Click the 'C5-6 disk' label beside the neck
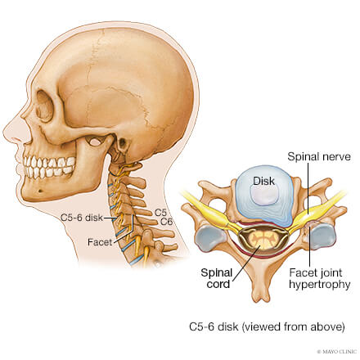point(82,218)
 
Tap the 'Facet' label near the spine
point(100,242)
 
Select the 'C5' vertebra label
point(160,213)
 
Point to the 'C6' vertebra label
point(166,222)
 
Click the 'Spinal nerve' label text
point(319,157)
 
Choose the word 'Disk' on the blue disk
point(263,181)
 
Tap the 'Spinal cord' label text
point(217,278)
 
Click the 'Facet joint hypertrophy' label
point(319,278)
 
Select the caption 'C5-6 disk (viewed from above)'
point(267,326)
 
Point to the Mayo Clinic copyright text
point(337,352)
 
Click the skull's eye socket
point(44,106)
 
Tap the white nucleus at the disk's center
point(263,196)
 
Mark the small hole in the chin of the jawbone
point(40,191)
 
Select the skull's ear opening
point(123,142)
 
